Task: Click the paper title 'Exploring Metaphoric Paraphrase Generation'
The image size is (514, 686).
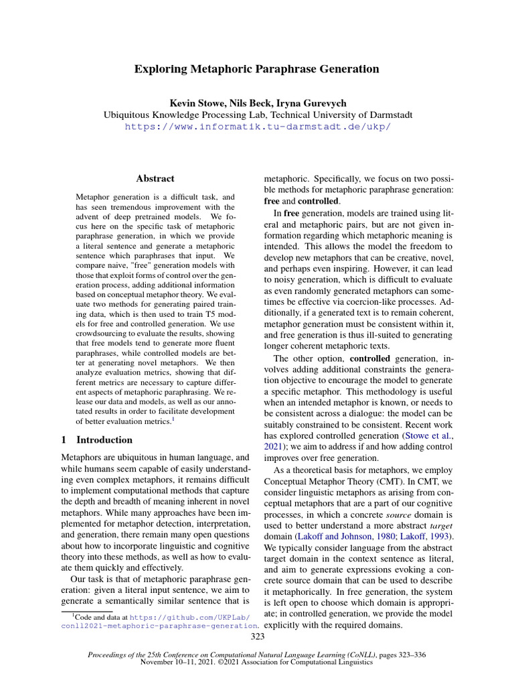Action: (257, 69)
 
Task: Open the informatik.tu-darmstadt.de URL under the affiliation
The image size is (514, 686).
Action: (257, 127)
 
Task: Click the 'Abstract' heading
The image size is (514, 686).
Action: (155, 179)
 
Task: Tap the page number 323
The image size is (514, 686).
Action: (257, 636)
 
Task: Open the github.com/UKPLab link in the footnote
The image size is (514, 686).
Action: (190, 616)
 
